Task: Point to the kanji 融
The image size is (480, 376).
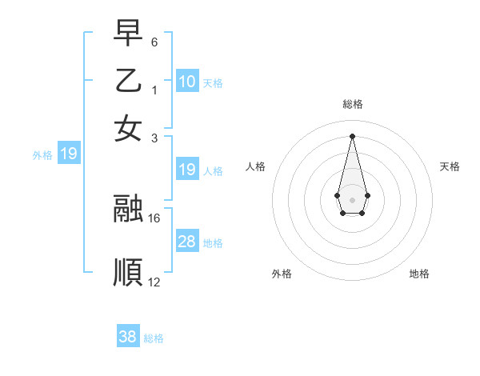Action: coord(129,209)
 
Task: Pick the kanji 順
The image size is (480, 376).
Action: coord(129,273)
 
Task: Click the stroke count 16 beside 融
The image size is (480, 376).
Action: coord(154,218)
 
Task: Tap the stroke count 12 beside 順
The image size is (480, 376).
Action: coord(154,282)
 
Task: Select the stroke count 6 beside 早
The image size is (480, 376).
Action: coord(154,41)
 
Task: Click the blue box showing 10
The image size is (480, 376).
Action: coord(187,82)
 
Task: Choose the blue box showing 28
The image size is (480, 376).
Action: coord(187,242)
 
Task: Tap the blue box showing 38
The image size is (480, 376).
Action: coord(128,337)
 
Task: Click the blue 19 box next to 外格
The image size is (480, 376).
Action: coord(69,154)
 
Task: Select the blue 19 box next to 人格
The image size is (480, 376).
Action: coord(187,170)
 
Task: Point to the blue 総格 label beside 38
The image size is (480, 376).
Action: coord(154,338)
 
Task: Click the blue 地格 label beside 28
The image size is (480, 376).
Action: coord(213,243)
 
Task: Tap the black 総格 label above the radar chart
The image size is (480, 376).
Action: coord(352,104)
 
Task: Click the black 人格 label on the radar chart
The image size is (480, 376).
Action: coord(256,166)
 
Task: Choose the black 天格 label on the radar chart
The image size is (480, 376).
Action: coord(450,166)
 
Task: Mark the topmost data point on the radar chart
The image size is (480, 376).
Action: coord(352,135)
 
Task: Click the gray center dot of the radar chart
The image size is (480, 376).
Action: coord(352,198)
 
